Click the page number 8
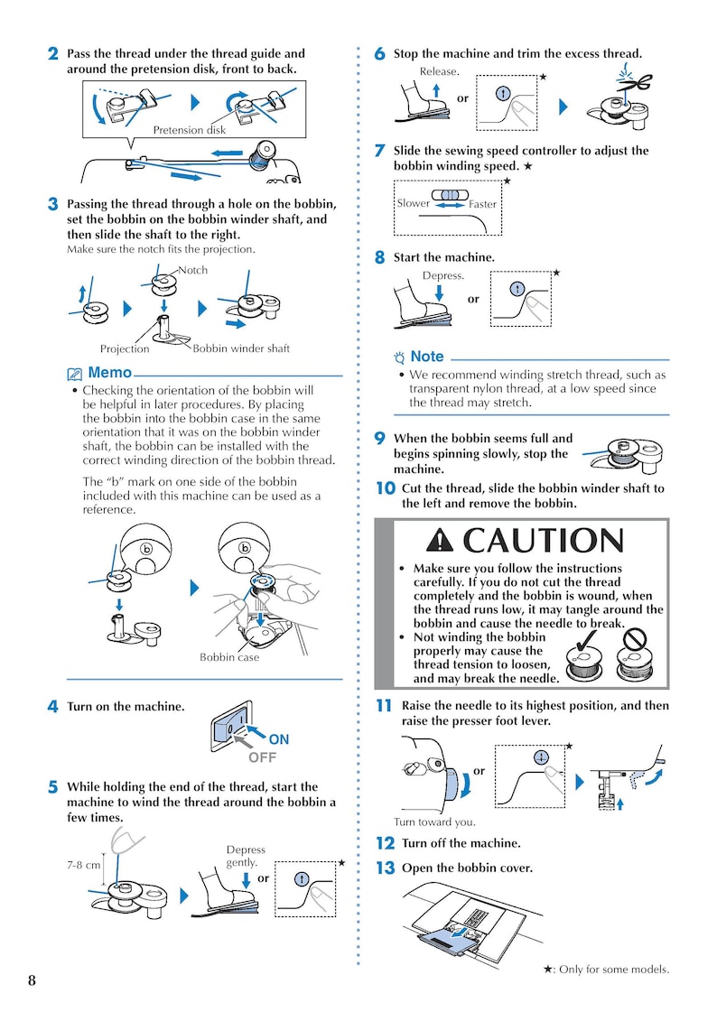32,981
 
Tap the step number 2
54,54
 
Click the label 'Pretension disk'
189,130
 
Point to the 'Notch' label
192,270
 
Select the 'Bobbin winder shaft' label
241,348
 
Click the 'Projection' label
125,349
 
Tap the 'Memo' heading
109,373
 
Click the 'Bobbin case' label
228,657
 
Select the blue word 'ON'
279,739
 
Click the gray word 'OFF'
262,757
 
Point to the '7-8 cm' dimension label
83,864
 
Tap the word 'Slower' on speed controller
414,203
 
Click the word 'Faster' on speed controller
482,204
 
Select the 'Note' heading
426,357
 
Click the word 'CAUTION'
543,541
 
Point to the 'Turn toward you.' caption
434,822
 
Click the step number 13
385,868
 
